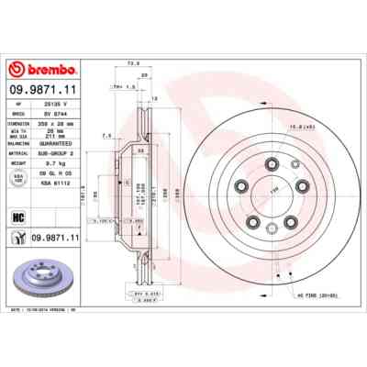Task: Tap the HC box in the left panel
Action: (x=20, y=217)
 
